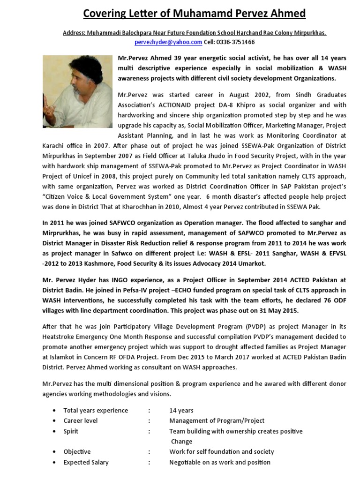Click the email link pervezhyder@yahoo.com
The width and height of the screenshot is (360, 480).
pyautogui.click(x=168, y=42)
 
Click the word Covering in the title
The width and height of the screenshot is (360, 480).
pyautogui.click(x=106, y=14)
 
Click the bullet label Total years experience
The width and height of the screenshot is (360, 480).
pyautogui.click(x=96, y=410)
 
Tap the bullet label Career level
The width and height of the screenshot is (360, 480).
pyautogui.click(x=81, y=420)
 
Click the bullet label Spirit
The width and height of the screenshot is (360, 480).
pyautogui.click(x=71, y=431)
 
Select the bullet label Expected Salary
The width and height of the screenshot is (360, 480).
pyautogui.click(x=86, y=462)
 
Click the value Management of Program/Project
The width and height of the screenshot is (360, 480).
pyautogui.click(x=217, y=420)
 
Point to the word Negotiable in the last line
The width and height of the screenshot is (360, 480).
pyautogui.click(x=186, y=462)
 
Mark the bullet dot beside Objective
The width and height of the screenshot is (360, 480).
pyautogui.click(x=56, y=452)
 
